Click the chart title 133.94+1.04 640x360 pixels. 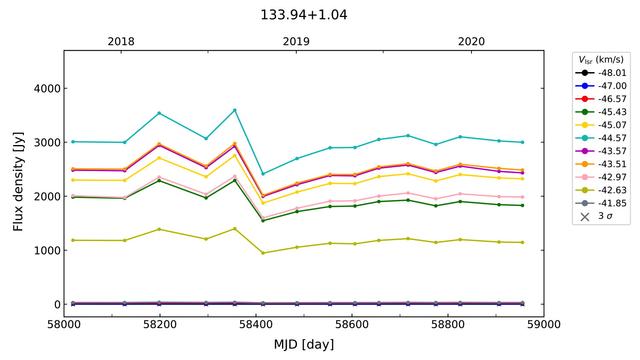click(x=304, y=15)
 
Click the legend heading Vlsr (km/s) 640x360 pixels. click(x=601, y=60)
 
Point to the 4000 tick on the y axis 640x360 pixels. click(x=47, y=89)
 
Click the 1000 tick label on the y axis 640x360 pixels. click(x=47, y=250)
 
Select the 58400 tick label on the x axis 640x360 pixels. click(x=256, y=325)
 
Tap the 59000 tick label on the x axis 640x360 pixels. click(x=544, y=325)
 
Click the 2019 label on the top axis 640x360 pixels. click(x=296, y=42)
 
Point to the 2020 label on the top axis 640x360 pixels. click(x=471, y=42)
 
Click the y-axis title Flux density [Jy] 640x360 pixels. click(x=18, y=181)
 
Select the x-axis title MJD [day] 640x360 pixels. click(x=304, y=344)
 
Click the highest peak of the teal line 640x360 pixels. click(x=235, y=110)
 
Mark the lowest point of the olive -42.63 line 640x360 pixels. click(x=263, y=253)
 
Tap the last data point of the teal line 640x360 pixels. click(x=522, y=142)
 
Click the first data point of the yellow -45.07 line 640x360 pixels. click(x=73, y=180)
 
